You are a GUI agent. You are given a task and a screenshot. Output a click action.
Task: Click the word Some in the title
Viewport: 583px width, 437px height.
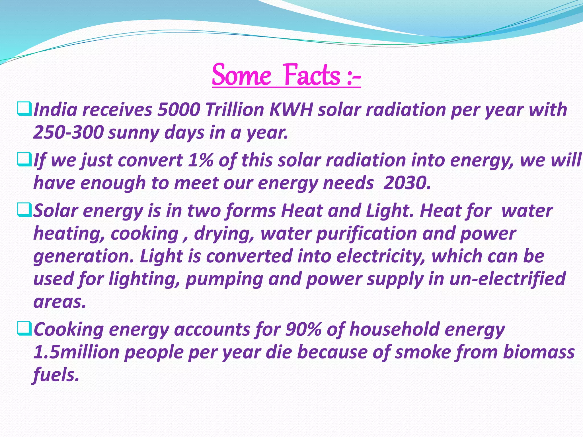tap(242, 75)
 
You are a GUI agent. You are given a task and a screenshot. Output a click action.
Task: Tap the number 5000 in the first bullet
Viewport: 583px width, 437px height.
tap(178, 110)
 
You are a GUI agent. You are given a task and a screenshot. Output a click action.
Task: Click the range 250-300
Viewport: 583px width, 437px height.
tap(68, 133)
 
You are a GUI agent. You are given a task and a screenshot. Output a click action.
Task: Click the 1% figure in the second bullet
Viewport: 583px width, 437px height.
tap(200, 160)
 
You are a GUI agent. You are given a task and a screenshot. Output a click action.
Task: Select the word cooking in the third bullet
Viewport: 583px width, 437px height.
tap(144, 234)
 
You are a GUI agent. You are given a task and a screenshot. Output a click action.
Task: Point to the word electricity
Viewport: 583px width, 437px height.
tap(381, 256)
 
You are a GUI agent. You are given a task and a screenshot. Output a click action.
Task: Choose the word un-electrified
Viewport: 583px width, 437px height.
tap(507, 279)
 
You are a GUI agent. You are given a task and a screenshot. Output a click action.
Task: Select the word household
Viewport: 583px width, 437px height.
tap(395, 329)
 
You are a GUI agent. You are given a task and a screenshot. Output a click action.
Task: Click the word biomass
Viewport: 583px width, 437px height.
tap(539, 352)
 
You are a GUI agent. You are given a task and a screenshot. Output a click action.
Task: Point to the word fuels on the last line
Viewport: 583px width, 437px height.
tap(56, 375)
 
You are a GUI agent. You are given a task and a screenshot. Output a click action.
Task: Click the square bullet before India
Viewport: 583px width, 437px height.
tap(24, 109)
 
